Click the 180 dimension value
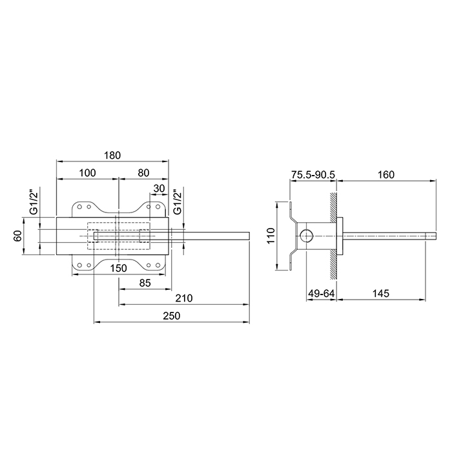[x=112, y=156]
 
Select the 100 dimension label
[x=87, y=173]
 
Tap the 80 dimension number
[x=143, y=173]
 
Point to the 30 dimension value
[x=159, y=189]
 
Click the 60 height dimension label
[x=18, y=236]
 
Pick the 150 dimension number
[x=118, y=269]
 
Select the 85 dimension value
[x=145, y=283]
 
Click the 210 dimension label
[x=184, y=298]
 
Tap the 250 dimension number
[x=172, y=316]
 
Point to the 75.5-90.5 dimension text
[x=313, y=175]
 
